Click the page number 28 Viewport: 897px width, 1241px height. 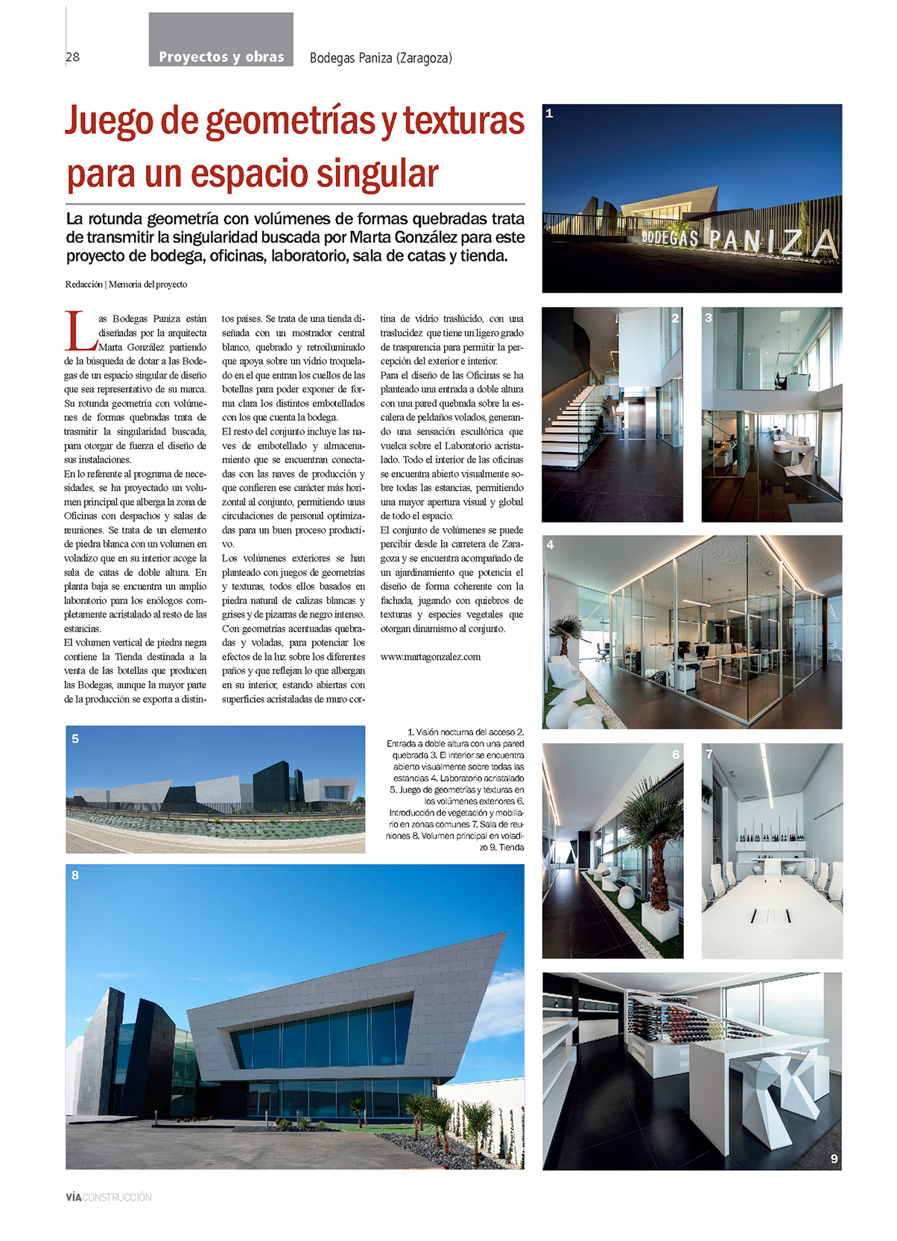coord(73,57)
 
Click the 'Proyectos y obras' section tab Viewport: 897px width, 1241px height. coord(221,57)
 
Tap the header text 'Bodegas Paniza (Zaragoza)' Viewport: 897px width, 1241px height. coord(381,58)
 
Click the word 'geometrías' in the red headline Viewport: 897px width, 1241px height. coord(291,121)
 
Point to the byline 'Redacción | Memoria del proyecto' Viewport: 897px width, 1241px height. coord(126,285)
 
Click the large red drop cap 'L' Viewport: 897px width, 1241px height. coord(80,332)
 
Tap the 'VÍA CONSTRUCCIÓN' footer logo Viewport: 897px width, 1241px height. coord(109,1197)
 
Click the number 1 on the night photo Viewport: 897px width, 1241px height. coord(549,113)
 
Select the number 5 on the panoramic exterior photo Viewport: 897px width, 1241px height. coord(75,739)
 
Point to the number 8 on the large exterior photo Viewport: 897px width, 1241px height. coord(75,875)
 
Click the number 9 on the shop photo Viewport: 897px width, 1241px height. coord(834,1158)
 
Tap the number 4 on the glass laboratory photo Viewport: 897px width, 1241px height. coord(550,545)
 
